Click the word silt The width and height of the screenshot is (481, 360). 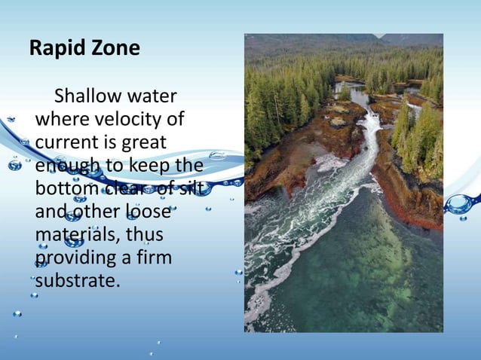pos(188,188)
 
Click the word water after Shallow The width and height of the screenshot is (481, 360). pos(152,96)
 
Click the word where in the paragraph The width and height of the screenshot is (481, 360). pos(60,120)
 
